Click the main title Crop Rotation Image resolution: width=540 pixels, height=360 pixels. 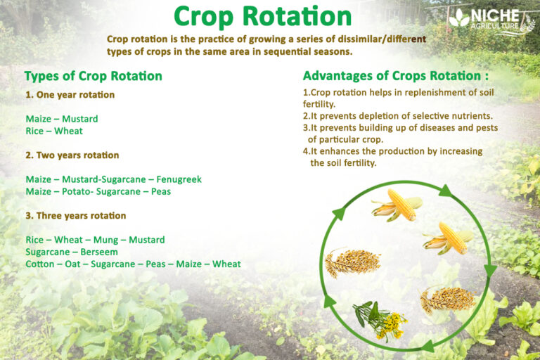coord(262,17)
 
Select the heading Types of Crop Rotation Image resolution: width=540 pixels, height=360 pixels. coord(93,76)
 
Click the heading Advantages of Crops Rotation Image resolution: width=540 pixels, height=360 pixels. coord(395,76)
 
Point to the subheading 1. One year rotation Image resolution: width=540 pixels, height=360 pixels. coord(70,94)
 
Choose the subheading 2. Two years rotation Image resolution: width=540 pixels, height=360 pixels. coord(72,155)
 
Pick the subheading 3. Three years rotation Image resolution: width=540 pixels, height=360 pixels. coord(75,215)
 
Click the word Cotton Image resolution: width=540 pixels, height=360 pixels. coord(39,264)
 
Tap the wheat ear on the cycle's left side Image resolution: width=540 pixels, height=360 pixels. coord(351,262)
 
